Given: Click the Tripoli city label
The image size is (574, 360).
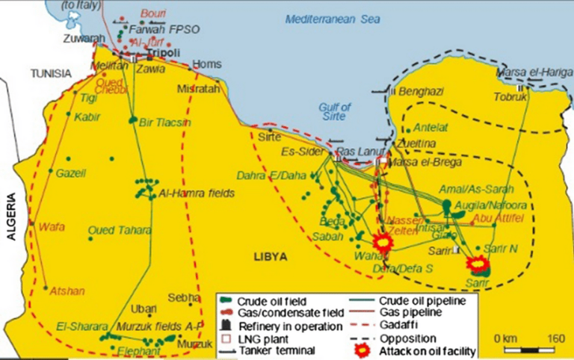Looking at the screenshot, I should point(159,55).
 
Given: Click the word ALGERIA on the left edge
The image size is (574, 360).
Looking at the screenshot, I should point(11,217).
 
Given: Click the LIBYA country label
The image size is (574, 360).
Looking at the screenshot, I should point(270,256).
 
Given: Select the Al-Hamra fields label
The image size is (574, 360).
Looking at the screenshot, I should point(197,193).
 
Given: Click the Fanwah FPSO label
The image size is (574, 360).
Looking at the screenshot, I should point(156,29).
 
